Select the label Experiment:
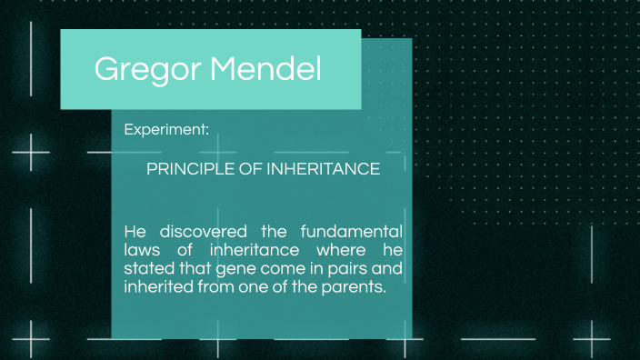point(166,130)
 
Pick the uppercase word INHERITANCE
point(324,169)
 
